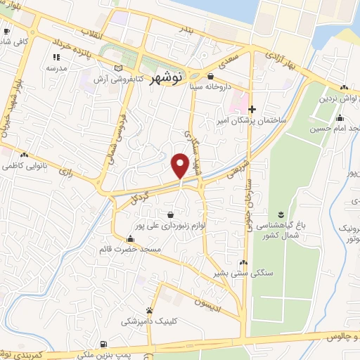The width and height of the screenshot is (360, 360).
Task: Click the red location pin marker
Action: pyautogui.click(x=180, y=165)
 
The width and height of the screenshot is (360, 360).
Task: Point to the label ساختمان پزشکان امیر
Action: pyautogui.click(x=254, y=120)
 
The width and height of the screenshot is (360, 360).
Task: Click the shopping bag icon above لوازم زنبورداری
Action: pyautogui.click(x=171, y=214)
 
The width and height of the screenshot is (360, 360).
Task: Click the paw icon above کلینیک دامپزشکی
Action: pyautogui.click(x=149, y=309)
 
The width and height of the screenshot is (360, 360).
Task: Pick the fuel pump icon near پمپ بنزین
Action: pyautogui.click(x=104, y=345)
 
